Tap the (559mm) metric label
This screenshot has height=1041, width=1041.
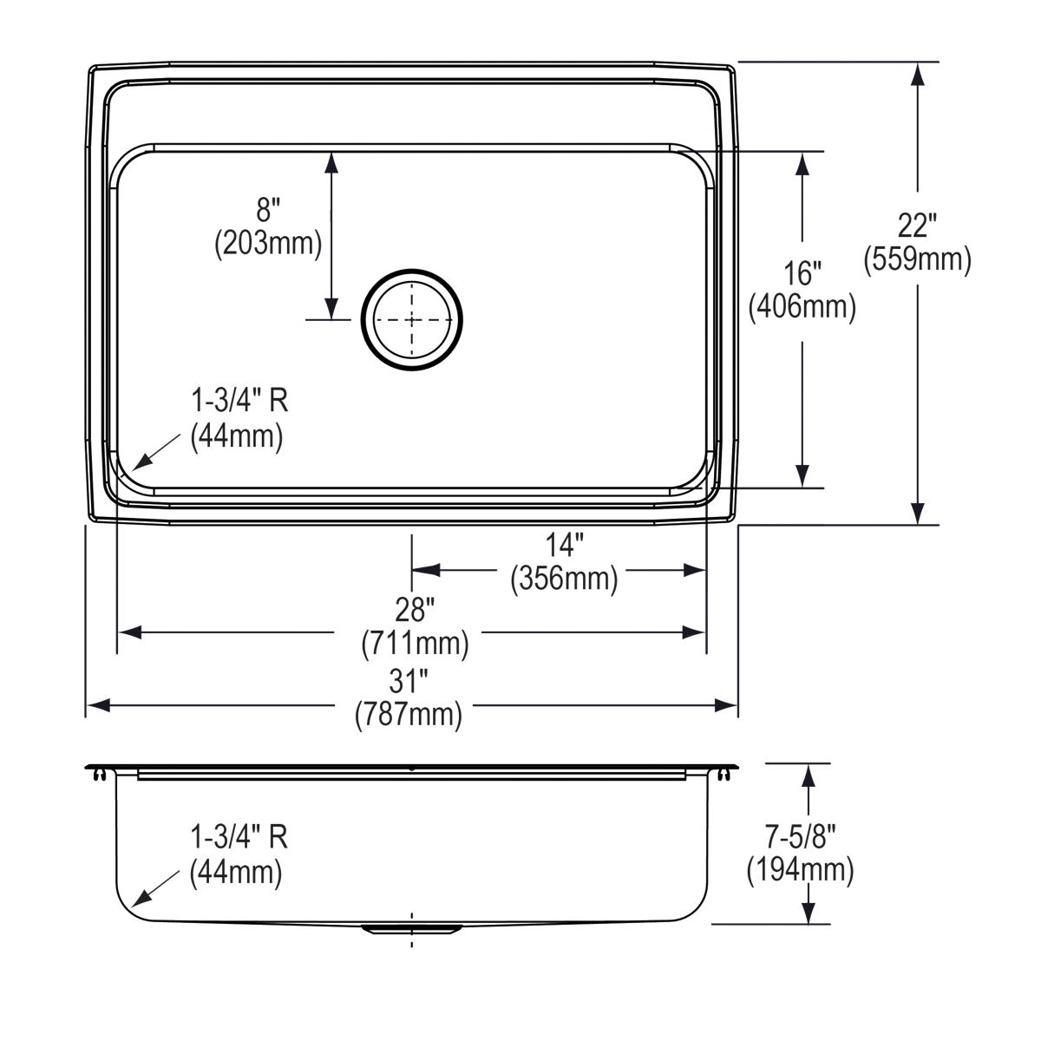[917, 259]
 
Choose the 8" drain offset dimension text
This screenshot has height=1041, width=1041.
[268, 210]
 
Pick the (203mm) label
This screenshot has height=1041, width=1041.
[268, 243]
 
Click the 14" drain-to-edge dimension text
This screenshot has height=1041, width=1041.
[564, 545]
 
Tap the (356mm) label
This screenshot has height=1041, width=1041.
[564, 578]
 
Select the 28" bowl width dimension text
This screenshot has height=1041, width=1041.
[415, 610]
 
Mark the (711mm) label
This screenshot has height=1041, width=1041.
[415, 643]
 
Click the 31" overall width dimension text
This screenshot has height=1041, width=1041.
[409, 681]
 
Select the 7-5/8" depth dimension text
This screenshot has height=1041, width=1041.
[800, 836]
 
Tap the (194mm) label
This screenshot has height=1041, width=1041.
[800, 869]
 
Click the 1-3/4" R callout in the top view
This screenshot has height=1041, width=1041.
[239, 401]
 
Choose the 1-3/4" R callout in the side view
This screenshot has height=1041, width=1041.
[239, 837]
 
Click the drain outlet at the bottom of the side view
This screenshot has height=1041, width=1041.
[410, 929]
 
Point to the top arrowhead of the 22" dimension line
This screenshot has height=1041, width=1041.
[917, 74]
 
